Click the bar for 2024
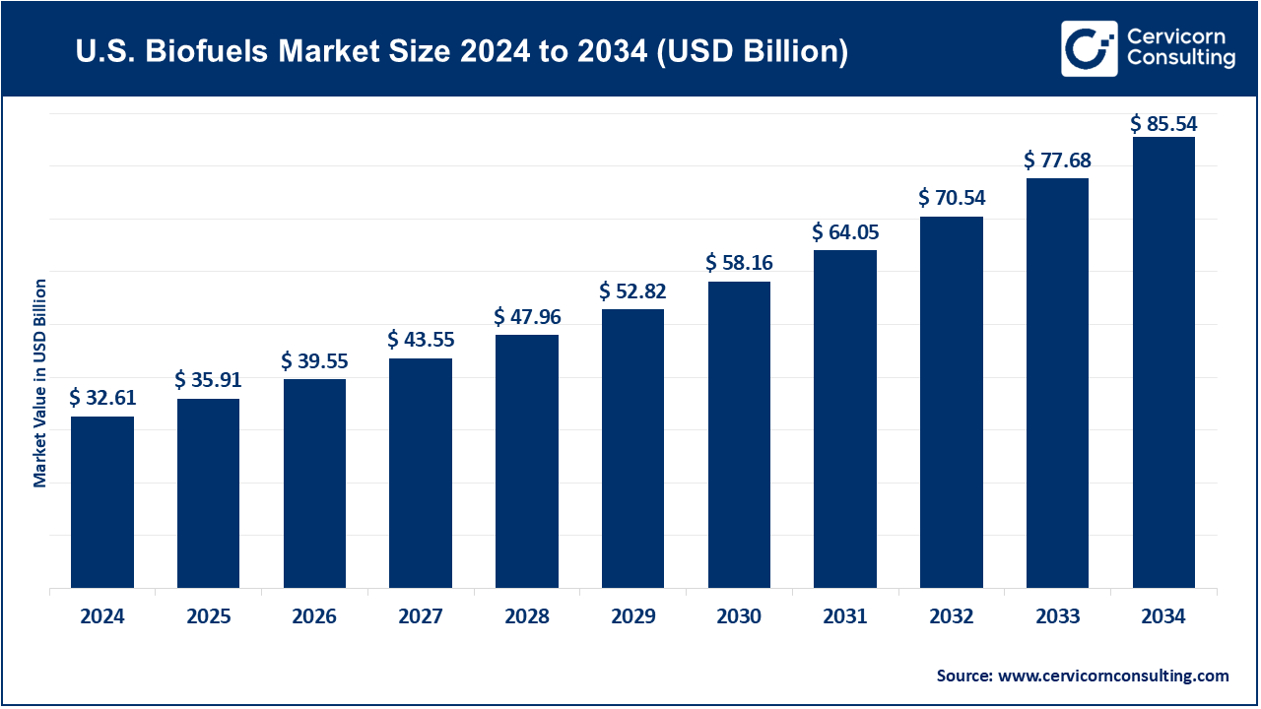(x=102, y=502)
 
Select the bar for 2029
(x=632, y=448)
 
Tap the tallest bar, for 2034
(x=1163, y=362)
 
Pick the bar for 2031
(x=845, y=419)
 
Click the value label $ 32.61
(x=102, y=398)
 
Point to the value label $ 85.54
(x=1163, y=124)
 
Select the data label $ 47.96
(x=527, y=317)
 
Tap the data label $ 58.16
(x=739, y=263)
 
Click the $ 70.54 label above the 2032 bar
(x=952, y=198)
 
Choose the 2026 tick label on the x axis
(x=314, y=616)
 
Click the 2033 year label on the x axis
(x=1057, y=616)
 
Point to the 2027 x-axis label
(x=421, y=616)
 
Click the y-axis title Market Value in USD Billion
(x=40, y=383)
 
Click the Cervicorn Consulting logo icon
(x=1089, y=48)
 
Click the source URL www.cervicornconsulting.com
(x=1113, y=676)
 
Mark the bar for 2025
(x=208, y=493)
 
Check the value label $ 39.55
(x=314, y=361)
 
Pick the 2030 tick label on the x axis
(x=739, y=616)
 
